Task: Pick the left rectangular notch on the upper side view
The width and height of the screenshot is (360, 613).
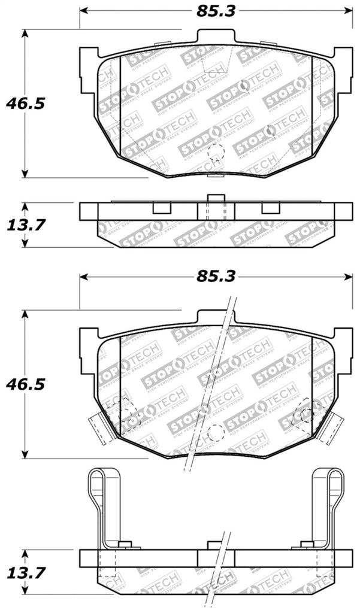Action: tap(162, 207)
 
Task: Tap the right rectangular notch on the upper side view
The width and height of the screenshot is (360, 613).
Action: tap(271, 207)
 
